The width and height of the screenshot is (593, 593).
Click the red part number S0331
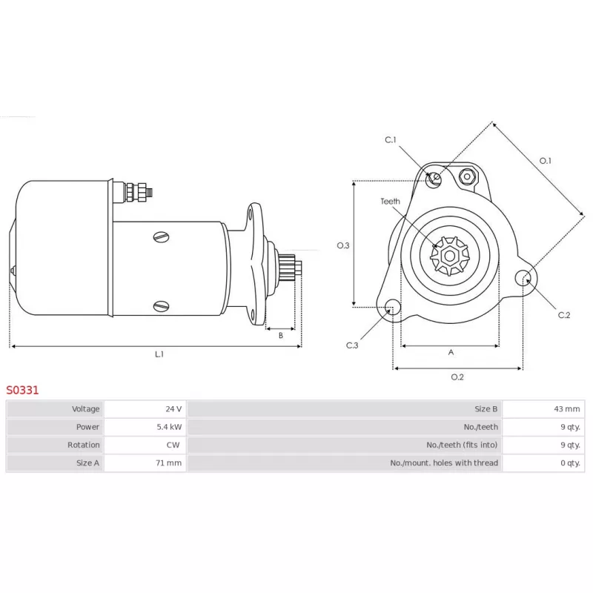[x=22, y=390]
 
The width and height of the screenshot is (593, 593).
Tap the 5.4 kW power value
[x=169, y=427]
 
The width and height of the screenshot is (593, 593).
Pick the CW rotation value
[x=173, y=445]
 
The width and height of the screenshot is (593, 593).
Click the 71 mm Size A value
[x=169, y=463]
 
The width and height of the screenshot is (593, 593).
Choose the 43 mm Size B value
[x=567, y=409]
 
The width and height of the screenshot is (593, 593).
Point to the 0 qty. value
[x=570, y=463]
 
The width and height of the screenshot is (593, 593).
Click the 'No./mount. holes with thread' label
[x=444, y=463]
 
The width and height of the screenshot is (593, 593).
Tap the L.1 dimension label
[x=159, y=354]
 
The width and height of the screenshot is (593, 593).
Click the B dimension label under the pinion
[x=281, y=335]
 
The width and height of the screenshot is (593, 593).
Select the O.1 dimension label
[x=545, y=161]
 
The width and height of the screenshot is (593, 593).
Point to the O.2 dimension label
[x=457, y=377]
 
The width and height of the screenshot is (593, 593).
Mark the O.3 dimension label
[x=343, y=245]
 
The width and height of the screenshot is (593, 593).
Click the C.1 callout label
[x=391, y=140]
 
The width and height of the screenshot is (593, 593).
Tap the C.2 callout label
[x=564, y=315]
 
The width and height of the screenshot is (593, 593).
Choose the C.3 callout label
[x=352, y=345]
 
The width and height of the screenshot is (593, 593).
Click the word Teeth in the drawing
[x=391, y=201]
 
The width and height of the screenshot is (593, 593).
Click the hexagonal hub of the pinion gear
[x=450, y=256]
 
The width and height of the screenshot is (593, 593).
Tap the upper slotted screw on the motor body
[x=162, y=237]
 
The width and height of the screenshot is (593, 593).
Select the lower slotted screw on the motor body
[x=162, y=306]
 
